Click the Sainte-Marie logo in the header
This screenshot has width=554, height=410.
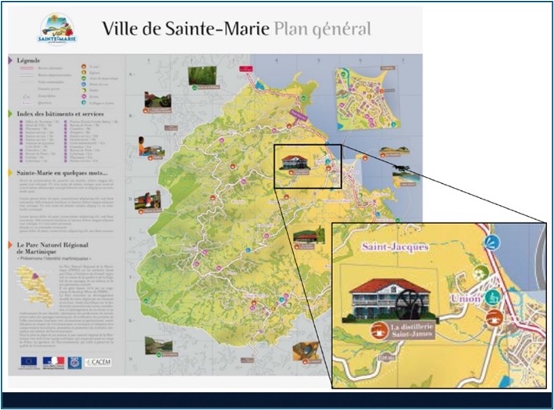(56, 29)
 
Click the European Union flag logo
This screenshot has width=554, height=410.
(29, 361)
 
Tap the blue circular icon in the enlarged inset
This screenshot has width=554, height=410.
(491, 243)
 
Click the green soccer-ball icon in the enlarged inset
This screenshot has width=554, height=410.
(482, 273)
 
